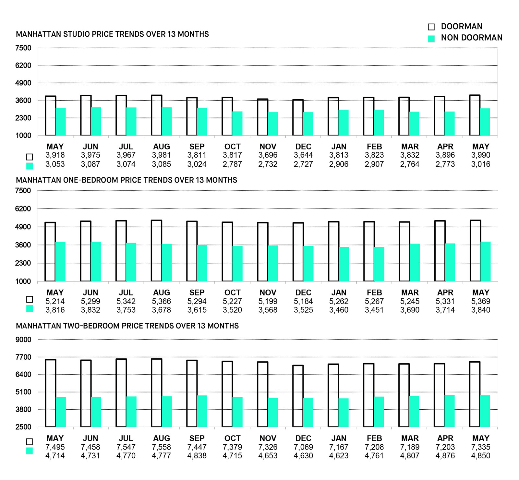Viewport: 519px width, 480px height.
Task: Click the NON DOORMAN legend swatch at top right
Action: [431, 39]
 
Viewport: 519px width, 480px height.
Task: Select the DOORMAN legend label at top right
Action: [461, 27]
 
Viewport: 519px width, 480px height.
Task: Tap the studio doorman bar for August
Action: [156, 115]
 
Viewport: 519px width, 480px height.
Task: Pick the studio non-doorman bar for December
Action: [308, 124]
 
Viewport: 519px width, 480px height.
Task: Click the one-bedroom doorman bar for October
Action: [227, 251]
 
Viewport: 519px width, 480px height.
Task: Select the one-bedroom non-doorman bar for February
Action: [379, 264]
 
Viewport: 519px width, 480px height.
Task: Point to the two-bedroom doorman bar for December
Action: [298, 396]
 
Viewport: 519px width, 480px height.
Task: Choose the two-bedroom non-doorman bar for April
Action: [450, 411]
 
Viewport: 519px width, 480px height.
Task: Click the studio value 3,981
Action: [161, 155]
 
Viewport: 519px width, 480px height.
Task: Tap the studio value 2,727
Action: [303, 164]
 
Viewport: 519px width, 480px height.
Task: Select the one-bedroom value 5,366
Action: [161, 301]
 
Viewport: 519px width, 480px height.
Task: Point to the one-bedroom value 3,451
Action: [374, 310]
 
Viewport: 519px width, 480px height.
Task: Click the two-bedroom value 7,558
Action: [161, 447]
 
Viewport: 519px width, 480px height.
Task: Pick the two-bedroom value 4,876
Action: [445, 456]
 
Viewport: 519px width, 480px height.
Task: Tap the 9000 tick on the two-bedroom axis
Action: [23, 340]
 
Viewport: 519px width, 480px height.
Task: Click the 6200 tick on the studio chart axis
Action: [23, 66]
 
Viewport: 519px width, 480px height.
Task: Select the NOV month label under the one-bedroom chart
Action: [268, 293]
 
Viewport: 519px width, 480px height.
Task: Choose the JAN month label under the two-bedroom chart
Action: [339, 438]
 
